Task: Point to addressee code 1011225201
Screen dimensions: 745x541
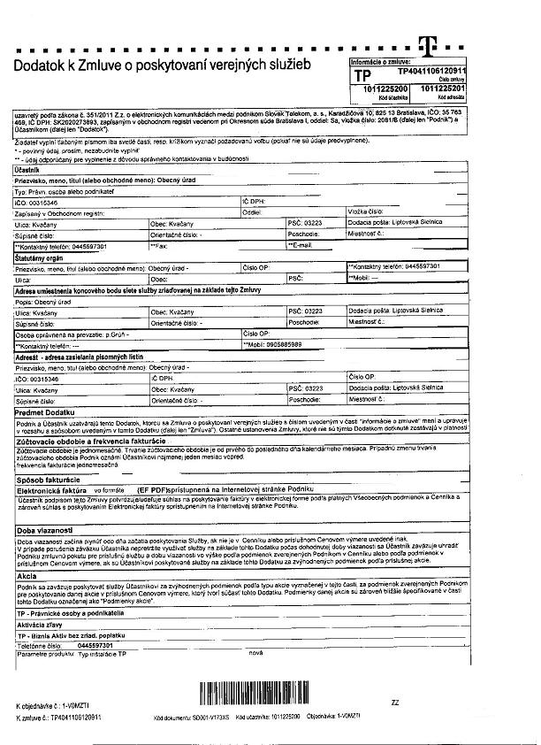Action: (x=444, y=89)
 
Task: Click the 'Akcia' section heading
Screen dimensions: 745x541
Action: (x=27, y=576)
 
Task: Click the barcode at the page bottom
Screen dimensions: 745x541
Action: (x=263, y=695)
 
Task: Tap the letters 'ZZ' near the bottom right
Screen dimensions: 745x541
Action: (x=394, y=702)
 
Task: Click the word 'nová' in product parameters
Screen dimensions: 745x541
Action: (x=256, y=653)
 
